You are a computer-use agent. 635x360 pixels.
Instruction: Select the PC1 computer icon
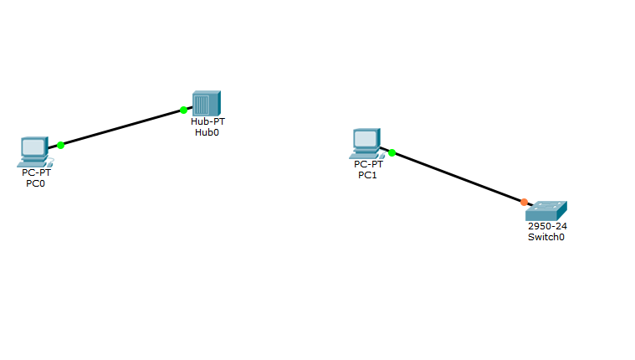click(366, 143)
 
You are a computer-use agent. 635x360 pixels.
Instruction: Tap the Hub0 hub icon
click(206, 104)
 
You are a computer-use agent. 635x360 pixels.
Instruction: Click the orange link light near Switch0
click(524, 202)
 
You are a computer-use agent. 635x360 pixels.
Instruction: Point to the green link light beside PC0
click(61, 145)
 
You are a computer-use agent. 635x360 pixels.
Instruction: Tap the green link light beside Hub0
click(183, 110)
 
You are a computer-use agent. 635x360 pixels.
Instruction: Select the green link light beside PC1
click(392, 153)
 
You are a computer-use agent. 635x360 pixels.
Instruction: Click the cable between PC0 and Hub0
click(122, 127)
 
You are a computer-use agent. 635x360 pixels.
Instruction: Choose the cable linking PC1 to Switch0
click(458, 177)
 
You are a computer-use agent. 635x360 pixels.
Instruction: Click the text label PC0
click(35, 183)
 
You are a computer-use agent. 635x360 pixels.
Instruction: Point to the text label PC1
click(367, 175)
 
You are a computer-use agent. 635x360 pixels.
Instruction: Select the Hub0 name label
click(207, 131)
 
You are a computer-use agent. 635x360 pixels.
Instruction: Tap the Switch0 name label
click(545, 237)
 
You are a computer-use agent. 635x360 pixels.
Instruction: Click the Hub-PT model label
click(207, 121)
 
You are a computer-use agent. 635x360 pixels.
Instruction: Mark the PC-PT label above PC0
click(36, 173)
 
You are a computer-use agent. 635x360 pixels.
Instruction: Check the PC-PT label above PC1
click(368, 165)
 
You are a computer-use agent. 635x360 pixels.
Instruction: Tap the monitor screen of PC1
click(365, 138)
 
